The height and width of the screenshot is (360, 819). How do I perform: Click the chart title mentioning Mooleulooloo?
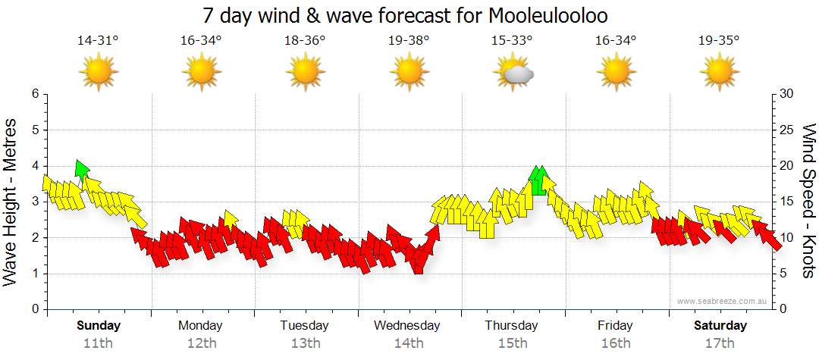406,15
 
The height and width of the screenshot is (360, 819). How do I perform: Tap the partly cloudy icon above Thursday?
513,74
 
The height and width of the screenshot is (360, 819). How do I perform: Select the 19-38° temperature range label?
409,40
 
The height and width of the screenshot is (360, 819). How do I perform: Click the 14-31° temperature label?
98,40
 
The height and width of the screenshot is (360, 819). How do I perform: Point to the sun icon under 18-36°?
306,74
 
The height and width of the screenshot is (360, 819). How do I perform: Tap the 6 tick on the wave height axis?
34,94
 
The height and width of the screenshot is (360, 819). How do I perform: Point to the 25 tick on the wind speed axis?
787,130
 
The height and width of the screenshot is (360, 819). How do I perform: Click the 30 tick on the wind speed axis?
787,94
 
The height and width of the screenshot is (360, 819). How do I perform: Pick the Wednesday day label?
407,326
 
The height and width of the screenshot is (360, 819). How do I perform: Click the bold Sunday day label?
99,326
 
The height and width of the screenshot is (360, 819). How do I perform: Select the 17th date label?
720,343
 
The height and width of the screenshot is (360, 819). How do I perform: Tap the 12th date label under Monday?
201,343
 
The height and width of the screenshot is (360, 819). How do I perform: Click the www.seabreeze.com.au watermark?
723,301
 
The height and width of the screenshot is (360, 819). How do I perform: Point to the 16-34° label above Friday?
615,40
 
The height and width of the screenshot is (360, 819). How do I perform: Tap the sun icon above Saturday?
718,74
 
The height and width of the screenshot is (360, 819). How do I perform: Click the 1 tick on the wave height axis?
34,274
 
